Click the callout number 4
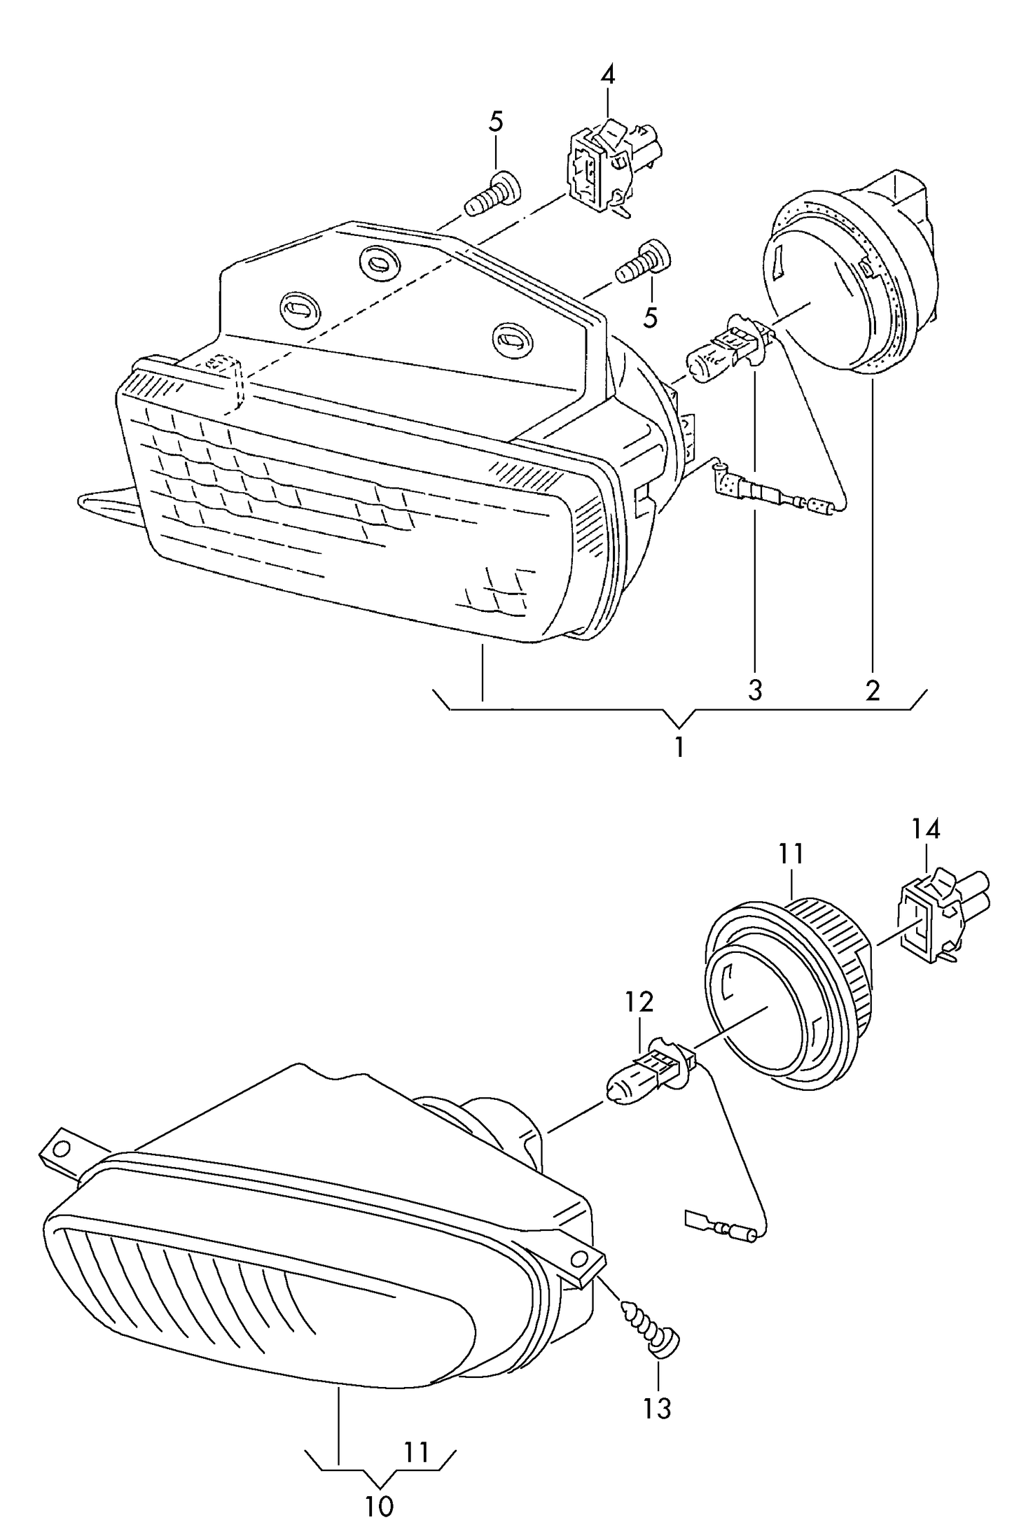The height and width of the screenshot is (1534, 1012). (607, 75)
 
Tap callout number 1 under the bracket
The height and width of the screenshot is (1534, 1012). (679, 747)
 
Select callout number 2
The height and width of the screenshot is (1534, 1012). (873, 690)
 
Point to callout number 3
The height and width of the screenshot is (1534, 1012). (754, 690)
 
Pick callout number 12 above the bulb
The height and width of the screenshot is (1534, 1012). (639, 1002)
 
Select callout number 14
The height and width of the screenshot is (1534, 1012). (925, 830)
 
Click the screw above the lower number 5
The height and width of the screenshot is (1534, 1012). (643, 263)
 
